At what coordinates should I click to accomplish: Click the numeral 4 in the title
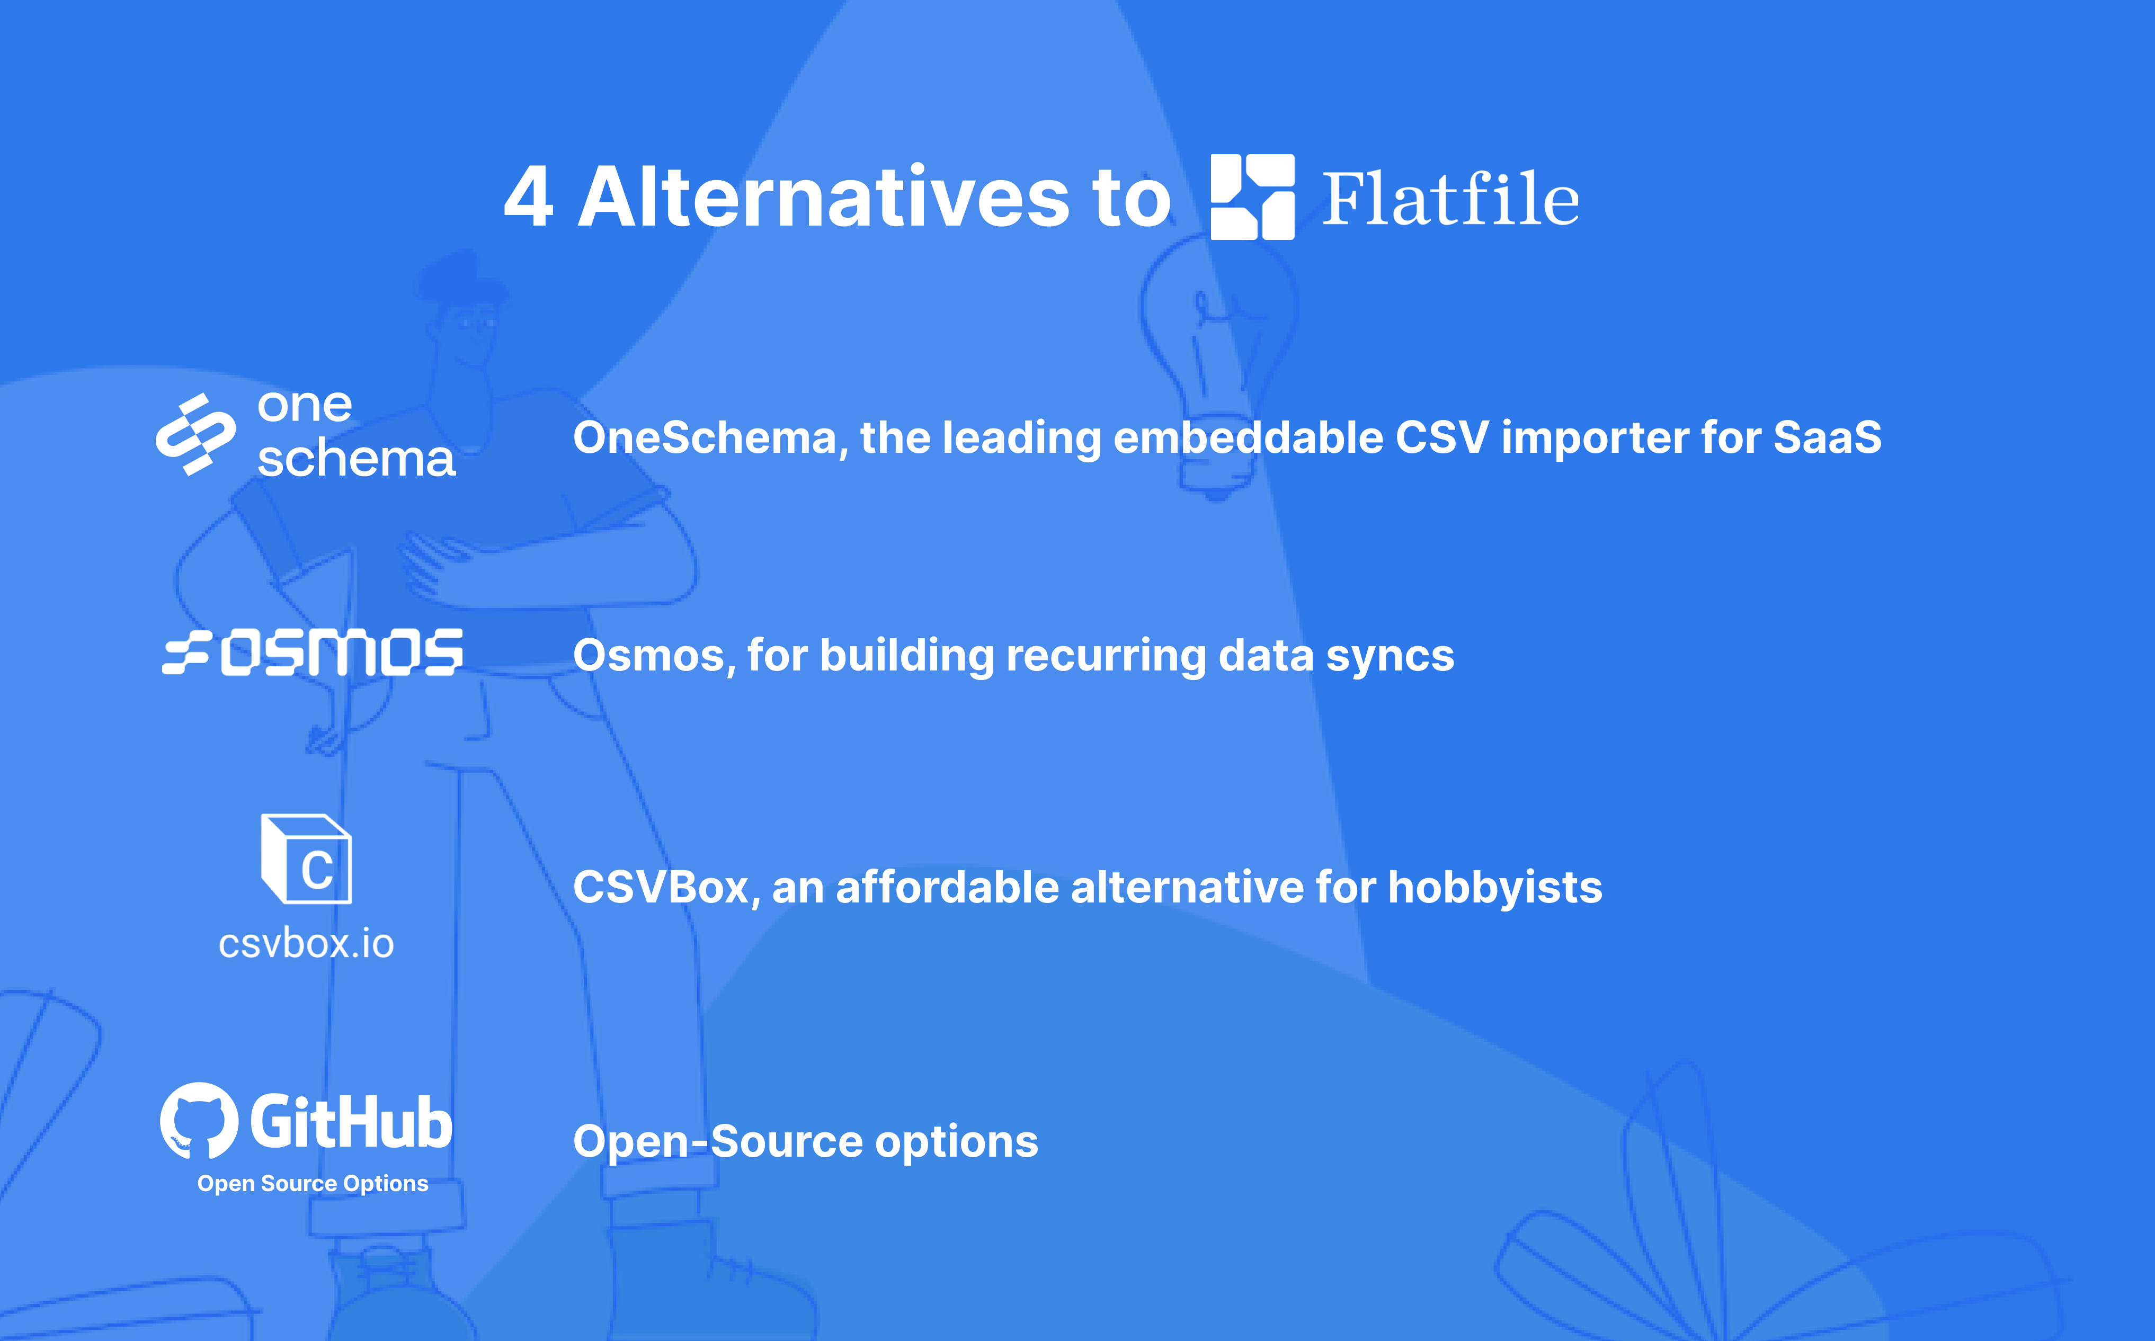[529, 197]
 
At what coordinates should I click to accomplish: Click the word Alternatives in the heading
[824, 197]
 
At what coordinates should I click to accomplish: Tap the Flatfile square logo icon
[1252, 197]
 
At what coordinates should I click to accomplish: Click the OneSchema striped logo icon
[196, 435]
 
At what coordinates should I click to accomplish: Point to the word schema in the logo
[355, 459]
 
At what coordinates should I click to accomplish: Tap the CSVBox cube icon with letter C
[307, 859]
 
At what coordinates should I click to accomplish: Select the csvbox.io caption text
[306, 944]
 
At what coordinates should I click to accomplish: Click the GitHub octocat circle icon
[199, 1120]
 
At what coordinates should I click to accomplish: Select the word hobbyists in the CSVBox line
[1494, 888]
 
